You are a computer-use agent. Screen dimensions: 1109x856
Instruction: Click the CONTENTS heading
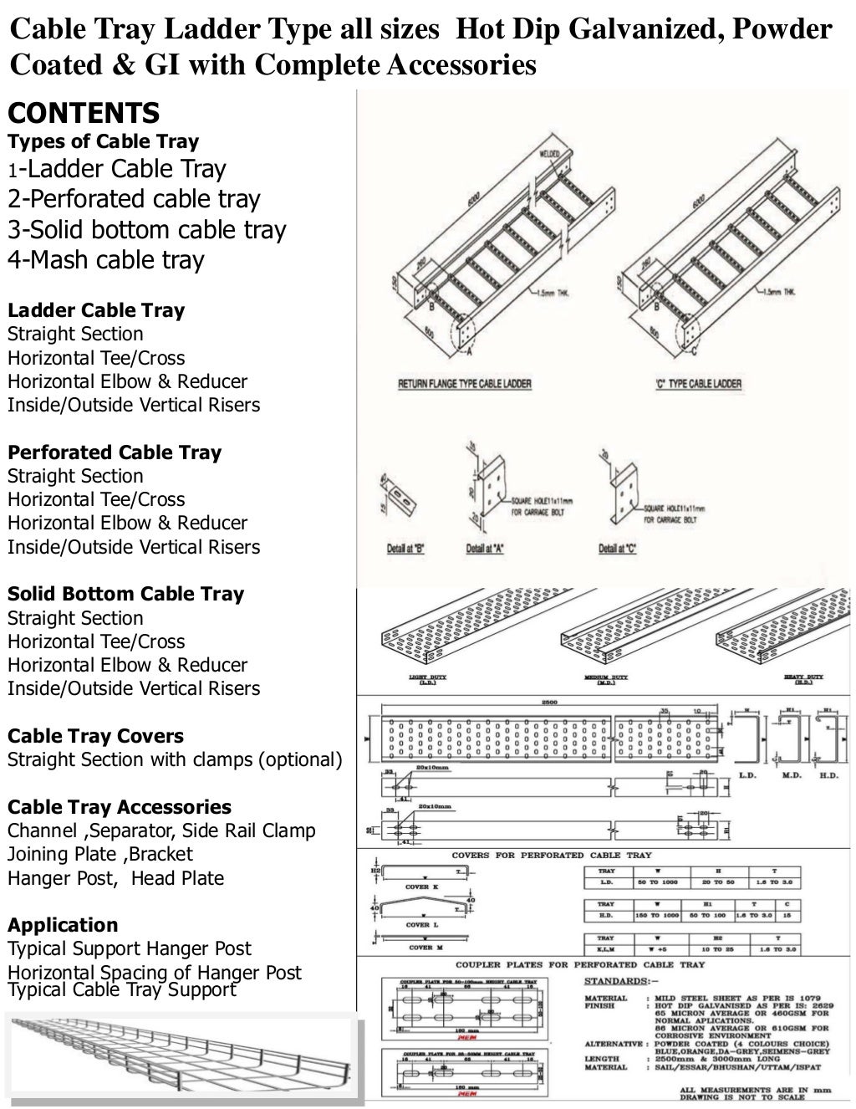click(84, 113)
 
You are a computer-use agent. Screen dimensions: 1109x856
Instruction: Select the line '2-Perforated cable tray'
click(134, 199)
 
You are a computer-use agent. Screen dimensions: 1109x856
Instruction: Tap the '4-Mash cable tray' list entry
click(105, 260)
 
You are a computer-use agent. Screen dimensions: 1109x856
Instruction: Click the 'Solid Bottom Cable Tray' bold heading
click(125, 595)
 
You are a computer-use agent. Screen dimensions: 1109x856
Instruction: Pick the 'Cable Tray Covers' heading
click(95, 736)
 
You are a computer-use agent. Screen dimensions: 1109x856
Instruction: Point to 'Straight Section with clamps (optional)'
click(175, 760)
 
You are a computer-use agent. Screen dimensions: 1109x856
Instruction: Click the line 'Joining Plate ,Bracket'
click(99, 854)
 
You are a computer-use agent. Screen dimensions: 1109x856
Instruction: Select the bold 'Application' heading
click(63, 925)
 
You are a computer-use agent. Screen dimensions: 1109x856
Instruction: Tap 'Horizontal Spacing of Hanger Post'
click(155, 973)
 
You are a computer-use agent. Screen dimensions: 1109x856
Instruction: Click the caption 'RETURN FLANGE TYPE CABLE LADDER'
click(463, 384)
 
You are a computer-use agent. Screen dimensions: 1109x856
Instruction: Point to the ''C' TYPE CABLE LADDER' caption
click(699, 384)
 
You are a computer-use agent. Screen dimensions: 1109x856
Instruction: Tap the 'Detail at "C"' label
click(618, 549)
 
